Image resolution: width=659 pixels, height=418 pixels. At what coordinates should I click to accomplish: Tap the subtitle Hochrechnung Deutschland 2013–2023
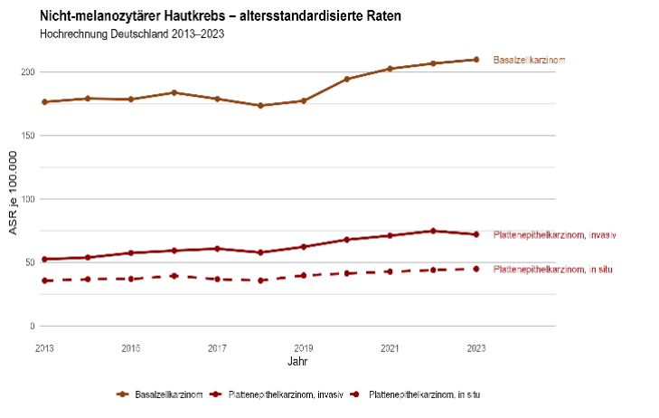coord(132,34)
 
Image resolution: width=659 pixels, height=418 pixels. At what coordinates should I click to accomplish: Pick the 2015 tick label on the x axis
coord(131,347)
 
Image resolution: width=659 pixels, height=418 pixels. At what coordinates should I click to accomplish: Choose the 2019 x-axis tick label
coord(304,347)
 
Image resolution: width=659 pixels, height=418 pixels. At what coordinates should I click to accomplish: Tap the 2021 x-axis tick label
coord(390,347)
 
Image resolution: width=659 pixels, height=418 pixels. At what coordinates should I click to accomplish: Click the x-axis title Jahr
coord(297,361)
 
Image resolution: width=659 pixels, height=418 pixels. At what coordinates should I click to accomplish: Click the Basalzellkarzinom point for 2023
coord(476,60)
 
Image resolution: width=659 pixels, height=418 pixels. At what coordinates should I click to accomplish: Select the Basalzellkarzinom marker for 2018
coord(260,106)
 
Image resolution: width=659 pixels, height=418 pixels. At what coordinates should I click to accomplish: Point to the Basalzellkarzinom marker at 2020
coord(347,80)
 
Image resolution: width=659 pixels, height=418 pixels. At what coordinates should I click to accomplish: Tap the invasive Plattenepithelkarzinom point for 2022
coord(433,231)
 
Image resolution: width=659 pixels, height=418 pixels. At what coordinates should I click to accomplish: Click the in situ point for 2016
coord(174,276)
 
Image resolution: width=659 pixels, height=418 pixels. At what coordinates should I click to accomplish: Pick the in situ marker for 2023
coord(476,269)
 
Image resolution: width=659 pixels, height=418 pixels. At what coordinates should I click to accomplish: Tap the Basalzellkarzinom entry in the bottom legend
coord(163,394)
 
